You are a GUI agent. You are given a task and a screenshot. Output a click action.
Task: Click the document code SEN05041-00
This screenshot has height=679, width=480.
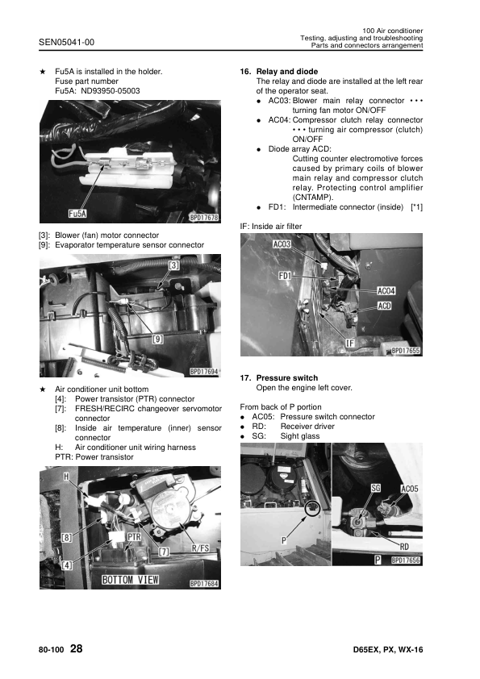pos(66,42)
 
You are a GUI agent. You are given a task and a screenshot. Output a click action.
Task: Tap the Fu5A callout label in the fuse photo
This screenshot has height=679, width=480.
pos(77,214)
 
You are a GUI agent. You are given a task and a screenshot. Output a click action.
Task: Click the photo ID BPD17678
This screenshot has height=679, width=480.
pos(204,218)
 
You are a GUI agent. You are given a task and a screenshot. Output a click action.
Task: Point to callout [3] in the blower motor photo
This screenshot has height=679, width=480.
pos(173,265)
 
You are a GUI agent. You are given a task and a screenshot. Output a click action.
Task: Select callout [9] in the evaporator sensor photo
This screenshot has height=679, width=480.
pos(157,339)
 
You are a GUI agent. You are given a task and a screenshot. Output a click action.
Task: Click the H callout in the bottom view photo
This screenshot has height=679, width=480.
pos(66,477)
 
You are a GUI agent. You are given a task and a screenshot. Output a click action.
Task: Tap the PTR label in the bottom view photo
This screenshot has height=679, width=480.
pos(134,537)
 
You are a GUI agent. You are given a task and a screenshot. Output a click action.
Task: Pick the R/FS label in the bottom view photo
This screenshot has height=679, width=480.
pos(200,548)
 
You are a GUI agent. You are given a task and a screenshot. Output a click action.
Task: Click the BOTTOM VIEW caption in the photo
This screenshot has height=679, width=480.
pos(131,580)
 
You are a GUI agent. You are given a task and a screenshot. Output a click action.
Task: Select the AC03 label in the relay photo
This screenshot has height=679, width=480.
pos(282,244)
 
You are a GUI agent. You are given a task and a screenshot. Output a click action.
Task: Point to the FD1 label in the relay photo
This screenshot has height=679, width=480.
pos(285,276)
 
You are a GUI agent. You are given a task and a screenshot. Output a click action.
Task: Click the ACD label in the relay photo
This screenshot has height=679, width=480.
pos(384,306)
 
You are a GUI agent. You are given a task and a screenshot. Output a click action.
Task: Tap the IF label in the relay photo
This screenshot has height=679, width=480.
pos(350,343)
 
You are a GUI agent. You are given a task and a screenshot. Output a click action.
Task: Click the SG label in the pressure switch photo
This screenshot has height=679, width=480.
pos(376,488)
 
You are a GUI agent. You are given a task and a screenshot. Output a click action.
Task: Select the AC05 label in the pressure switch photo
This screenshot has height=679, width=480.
pos(409,489)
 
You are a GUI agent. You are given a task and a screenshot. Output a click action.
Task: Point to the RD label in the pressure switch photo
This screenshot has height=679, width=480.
pos(404,547)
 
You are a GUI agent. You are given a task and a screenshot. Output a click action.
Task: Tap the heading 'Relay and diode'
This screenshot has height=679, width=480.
pos(286,72)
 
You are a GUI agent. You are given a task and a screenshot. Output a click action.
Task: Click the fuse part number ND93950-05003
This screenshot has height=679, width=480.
pos(111,91)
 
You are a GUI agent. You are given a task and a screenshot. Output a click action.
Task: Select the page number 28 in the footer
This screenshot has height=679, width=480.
pos(77,648)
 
